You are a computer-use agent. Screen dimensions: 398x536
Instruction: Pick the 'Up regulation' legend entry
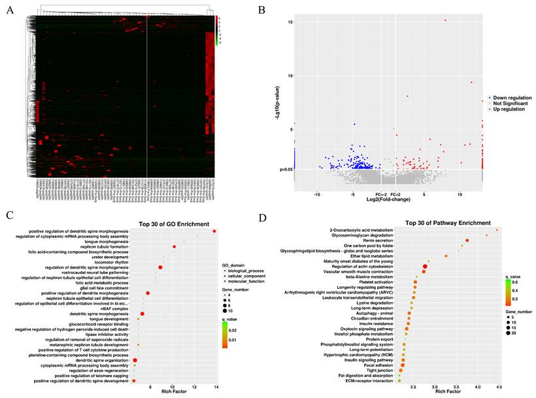pyautogui.click(x=511, y=109)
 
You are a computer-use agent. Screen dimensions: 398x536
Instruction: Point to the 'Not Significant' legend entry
pyautogui.click(x=512, y=103)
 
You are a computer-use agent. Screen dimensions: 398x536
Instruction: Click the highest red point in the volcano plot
pyautogui.click(x=445, y=20)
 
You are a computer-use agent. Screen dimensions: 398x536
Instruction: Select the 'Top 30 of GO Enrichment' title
pyautogui.click(x=171, y=223)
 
